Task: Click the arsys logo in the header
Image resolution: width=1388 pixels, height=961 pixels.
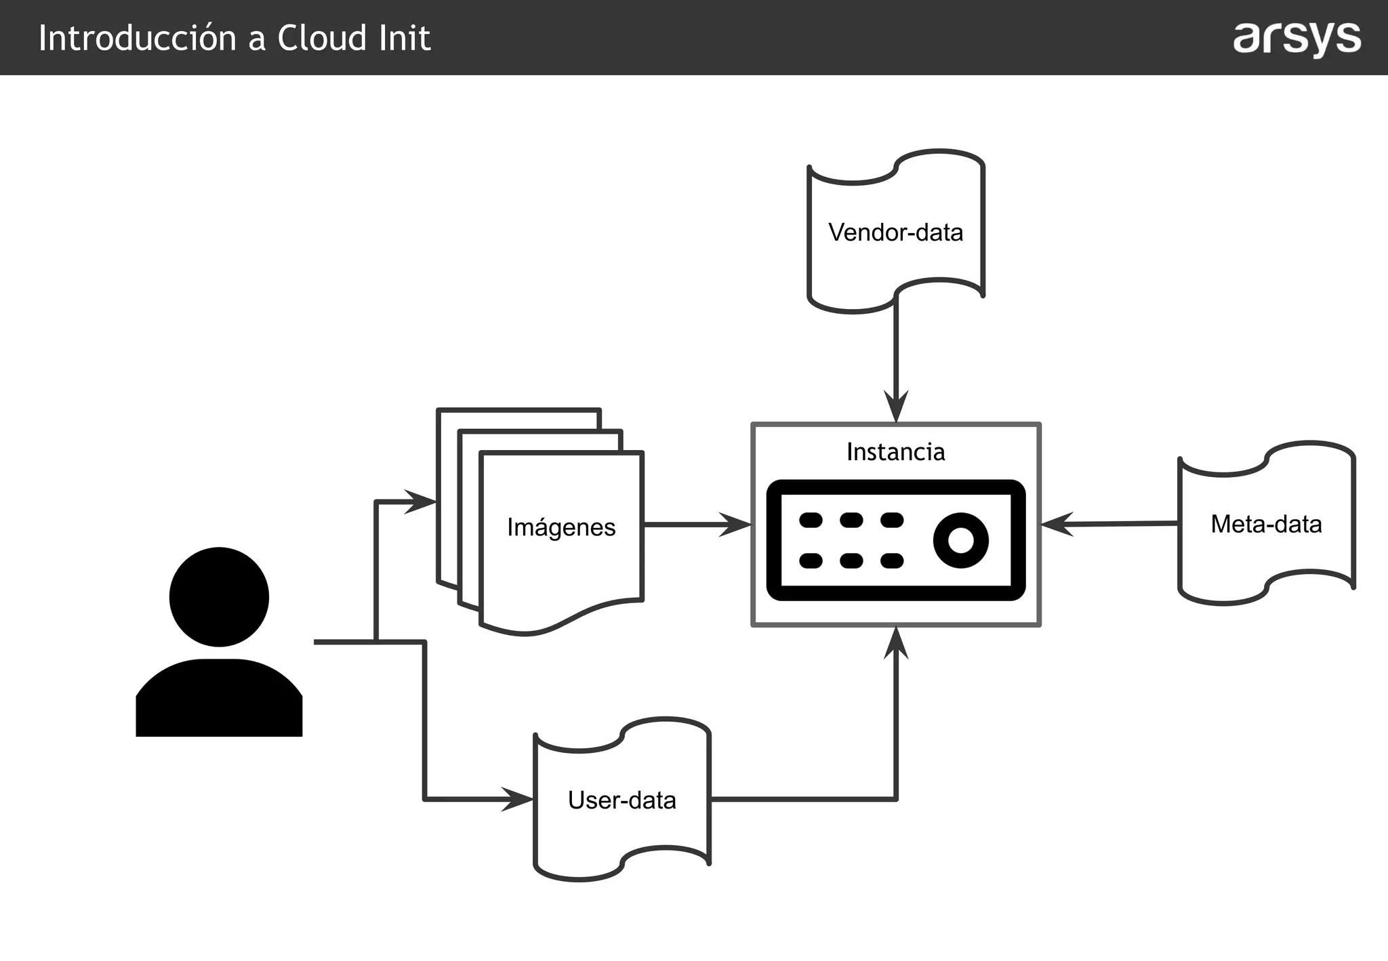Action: pos(1297,39)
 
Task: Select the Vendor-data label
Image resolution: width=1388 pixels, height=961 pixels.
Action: pos(895,232)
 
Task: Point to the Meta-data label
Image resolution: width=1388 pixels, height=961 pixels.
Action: pos(1266,524)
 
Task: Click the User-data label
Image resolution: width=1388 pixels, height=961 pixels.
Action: pos(621,800)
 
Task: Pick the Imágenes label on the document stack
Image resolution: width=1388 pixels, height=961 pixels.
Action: pos(561,527)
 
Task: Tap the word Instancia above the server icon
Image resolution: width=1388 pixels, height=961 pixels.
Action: pos(895,452)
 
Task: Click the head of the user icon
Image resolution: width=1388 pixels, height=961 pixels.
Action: pos(219,596)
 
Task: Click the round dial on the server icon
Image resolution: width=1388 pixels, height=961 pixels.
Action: pos(960,540)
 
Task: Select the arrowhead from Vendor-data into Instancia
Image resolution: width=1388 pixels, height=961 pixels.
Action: pos(896,409)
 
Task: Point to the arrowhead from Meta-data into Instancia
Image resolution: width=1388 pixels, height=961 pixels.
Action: pos(1055,524)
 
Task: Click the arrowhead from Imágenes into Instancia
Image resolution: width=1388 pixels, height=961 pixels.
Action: pos(737,525)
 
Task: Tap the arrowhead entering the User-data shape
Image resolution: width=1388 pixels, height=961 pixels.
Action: pos(518,800)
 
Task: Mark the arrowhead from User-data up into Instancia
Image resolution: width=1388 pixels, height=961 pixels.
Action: pos(896,642)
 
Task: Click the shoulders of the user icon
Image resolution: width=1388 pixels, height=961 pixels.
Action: pos(219,698)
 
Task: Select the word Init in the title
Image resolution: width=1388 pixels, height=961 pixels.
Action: pos(405,38)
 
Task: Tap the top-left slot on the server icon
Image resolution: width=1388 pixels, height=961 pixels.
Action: pos(811,520)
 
